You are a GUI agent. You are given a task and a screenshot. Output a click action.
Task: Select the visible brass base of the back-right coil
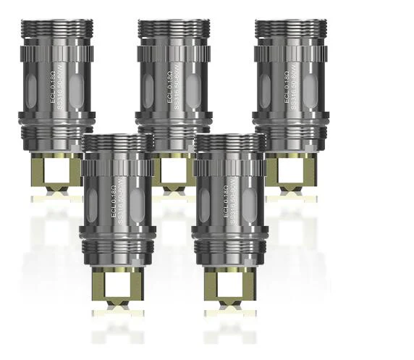click(290, 170)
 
